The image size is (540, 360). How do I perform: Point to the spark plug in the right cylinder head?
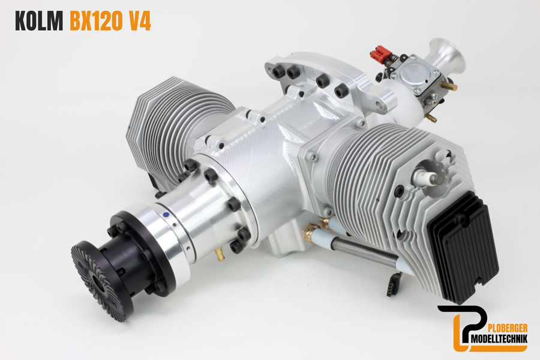432,177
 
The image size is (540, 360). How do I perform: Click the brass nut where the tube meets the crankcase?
311,232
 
